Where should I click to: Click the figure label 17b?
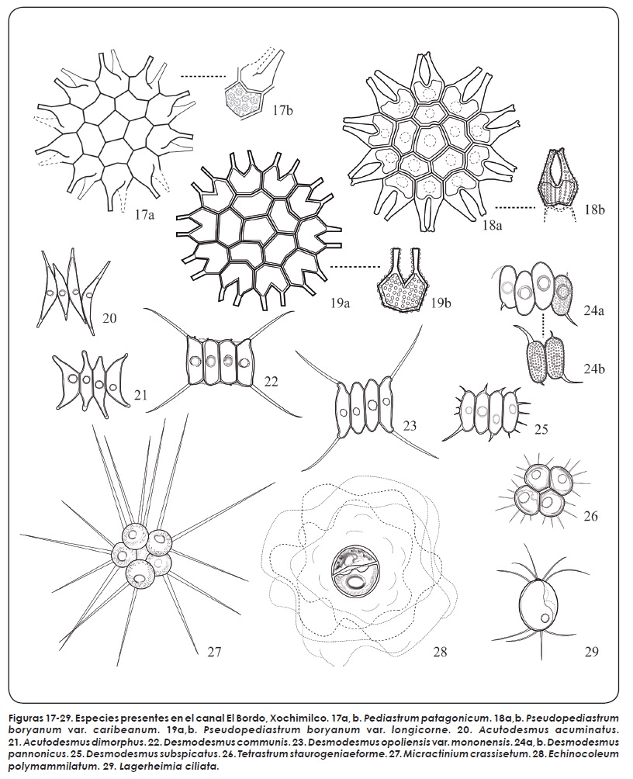282,110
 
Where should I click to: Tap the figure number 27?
213,651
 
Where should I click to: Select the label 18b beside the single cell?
594,209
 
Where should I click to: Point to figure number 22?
271,381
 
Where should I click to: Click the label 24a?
593,310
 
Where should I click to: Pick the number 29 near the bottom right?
591,651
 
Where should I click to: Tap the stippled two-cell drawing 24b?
547,356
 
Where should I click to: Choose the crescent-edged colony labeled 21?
91,382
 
